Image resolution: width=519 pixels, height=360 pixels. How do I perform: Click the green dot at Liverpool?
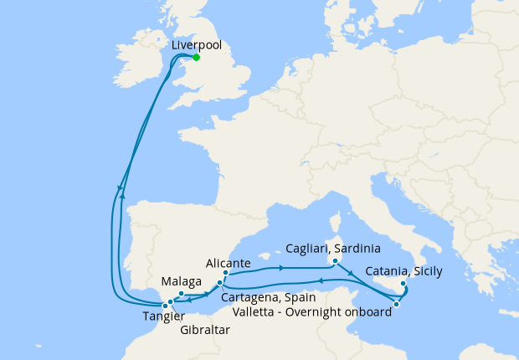pyautogui.click(x=196, y=58)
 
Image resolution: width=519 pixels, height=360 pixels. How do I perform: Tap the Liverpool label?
pyautogui.click(x=196, y=46)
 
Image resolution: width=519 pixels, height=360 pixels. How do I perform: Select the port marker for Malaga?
pyautogui.click(x=181, y=293)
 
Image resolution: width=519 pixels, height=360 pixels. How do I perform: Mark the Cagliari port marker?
pyautogui.click(x=334, y=260)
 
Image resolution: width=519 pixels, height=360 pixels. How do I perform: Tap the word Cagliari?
pyautogui.click(x=306, y=249)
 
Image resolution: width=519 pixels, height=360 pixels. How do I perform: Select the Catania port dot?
pyautogui.click(x=403, y=283)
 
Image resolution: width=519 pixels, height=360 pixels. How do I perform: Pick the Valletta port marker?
pyautogui.click(x=396, y=304)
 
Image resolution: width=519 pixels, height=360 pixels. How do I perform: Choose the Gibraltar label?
pyautogui.click(x=205, y=329)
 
